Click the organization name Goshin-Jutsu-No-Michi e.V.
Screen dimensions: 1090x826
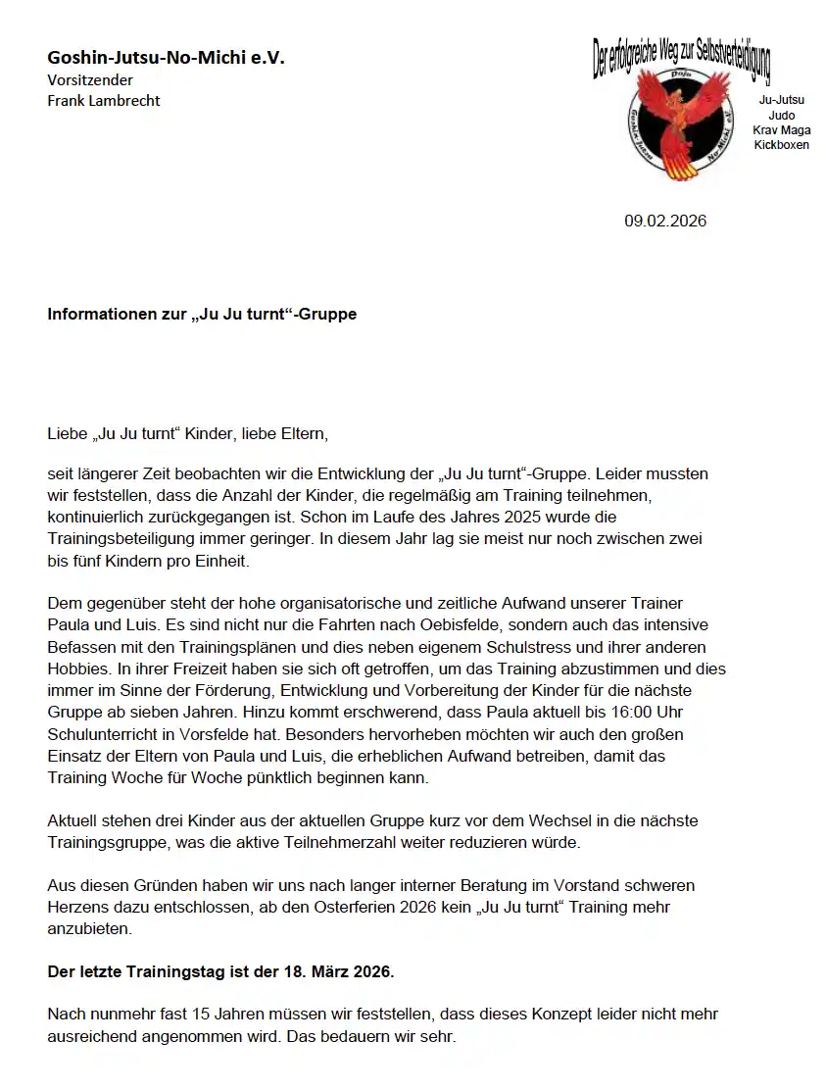[x=166, y=59]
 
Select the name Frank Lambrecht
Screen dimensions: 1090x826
[x=104, y=100]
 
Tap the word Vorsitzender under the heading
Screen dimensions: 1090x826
[x=90, y=79]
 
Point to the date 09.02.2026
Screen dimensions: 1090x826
[x=665, y=221]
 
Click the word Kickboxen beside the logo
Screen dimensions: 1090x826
[x=781, y=145]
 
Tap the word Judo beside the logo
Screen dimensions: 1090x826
[x=781, y=116]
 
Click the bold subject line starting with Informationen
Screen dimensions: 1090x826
[x=202, y=315]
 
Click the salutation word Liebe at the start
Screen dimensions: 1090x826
[x=65, y=432]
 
